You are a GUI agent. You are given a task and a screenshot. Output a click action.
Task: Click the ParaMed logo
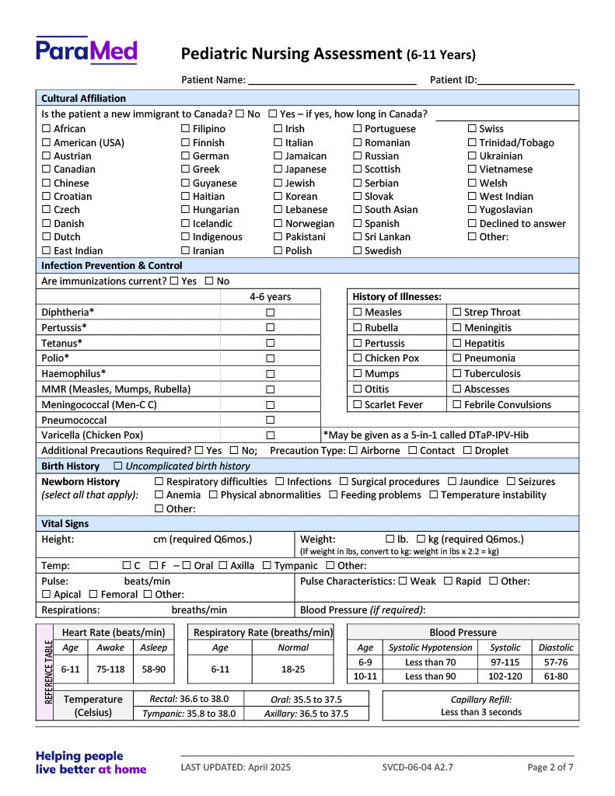pyautogui.click(x=86, y=51)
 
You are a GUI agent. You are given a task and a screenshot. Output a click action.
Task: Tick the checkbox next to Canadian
pyautogui.click(x=46, y=169)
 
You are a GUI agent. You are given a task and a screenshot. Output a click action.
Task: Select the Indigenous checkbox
pyautogui.click(x=186, y=237)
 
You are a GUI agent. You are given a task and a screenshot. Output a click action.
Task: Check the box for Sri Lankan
pyautogui.click(x=358, y=237)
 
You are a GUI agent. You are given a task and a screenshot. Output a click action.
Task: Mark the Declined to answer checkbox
pyautogui.click(x=472, y=224)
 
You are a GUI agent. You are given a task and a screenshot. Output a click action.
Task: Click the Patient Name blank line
pyautogui.click(x=332, y=80)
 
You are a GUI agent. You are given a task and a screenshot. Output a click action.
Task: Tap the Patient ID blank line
pyautogui.click(x=526, y=80)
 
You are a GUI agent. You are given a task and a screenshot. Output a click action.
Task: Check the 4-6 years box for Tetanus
pyautogui.click(x=271, y=343)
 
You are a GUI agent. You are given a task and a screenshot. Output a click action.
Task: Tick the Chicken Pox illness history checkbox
pyautogui.click(x=358, y=358)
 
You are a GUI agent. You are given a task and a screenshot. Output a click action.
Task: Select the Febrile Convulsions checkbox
pyautogui.click(x=457, y=405)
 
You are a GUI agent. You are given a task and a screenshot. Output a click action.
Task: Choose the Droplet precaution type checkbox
pyautogui.click(x=467, y=451)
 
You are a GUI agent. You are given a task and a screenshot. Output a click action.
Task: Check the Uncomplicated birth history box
pyautogui.click(x=118, y=466)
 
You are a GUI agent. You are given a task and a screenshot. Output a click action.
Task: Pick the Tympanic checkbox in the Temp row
pyautogui.click(x=267, y=566)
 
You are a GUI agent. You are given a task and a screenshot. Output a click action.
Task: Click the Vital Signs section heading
pyautogui.click(x=65, y=524)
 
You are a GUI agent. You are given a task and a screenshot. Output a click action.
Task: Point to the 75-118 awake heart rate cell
pyautogui.click(x=110, y=669)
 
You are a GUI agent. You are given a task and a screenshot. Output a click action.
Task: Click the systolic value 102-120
pyautogui.click(x=505, y=676)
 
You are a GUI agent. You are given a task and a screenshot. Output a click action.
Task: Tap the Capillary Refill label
pyautogui.click(x=480, y=700)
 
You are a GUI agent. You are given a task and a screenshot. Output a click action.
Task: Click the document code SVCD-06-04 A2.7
pyautogui.click(x=418, y=767)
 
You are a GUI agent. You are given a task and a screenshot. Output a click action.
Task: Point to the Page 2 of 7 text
pyautogui.click(x=550, y=767)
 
